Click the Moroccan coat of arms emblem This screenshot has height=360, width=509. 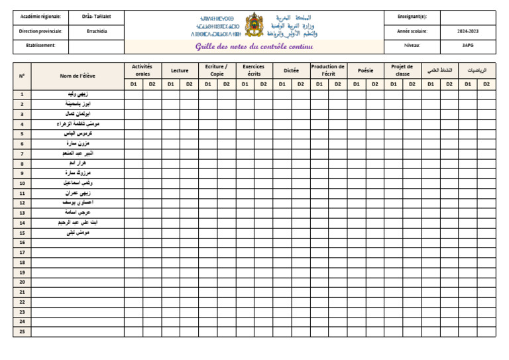254,25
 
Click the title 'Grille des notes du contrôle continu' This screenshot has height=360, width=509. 254,46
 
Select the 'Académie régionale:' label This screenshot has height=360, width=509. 40,17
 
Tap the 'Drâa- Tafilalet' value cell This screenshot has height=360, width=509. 96,17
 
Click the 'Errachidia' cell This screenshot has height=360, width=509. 96,31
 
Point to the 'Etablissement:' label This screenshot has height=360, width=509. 37,46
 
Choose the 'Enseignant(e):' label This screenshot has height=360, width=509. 412,17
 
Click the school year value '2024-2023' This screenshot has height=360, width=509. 468,31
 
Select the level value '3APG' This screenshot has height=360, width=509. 468,46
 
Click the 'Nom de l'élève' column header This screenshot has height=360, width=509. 78,76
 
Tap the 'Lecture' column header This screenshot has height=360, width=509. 180,70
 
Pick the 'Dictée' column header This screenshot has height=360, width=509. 291,70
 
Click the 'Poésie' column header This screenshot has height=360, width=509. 365,70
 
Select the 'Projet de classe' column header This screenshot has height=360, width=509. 402,70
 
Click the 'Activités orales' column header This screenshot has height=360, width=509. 142,70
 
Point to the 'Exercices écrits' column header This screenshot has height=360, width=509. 254,70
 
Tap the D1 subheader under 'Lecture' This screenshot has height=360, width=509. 170,84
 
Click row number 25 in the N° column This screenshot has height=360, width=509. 22,331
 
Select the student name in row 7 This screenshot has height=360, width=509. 78,153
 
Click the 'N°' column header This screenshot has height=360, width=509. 22,76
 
